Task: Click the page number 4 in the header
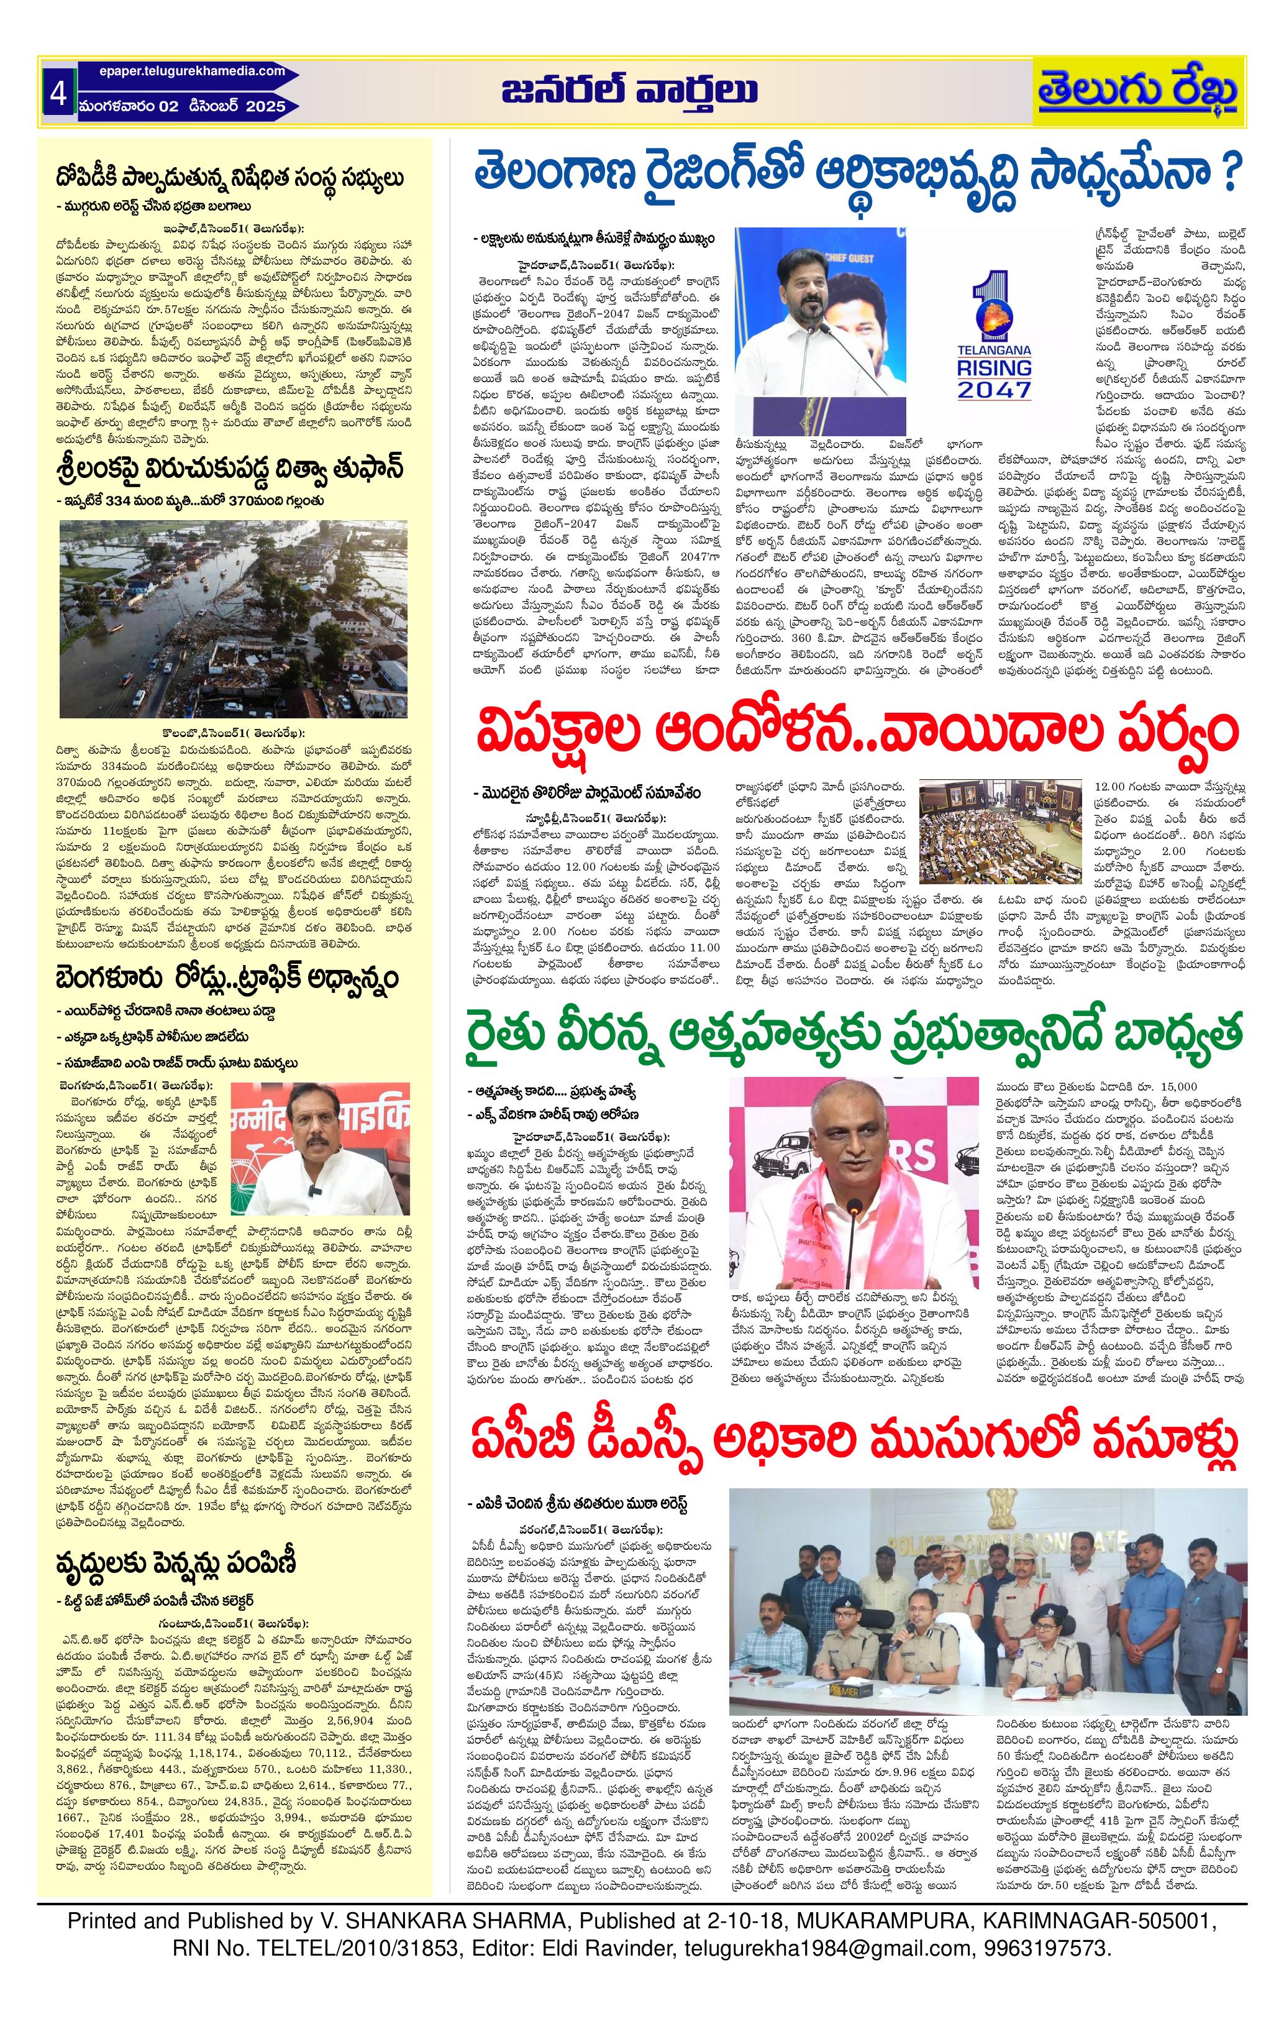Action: [58, 93]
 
